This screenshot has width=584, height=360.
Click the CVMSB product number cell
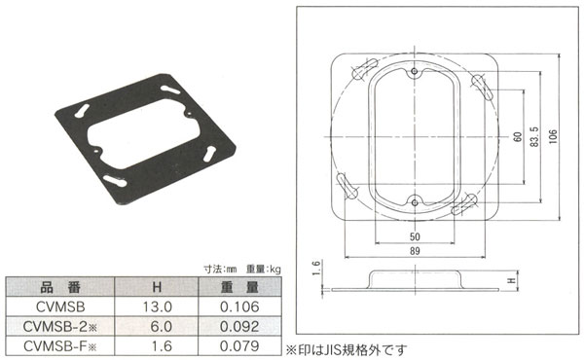pyautogui.click(x=60, y=306)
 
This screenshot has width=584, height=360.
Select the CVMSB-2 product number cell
pyautogui.click(x=60, y=327)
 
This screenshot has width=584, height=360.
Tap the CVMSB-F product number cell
pyautogui.click(x=60, y=346)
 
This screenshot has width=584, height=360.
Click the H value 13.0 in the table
pyautogui.click(x=157, y=306)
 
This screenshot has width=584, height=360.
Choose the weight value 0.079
pyautogui.click(x=239, y=346)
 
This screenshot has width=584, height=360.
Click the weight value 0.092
pyautogui.click(x=239, y=327)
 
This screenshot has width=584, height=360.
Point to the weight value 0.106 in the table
pyautogui.click(x=239, y=306)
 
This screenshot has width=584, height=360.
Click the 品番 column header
pyautogui.click(x=60, y=287)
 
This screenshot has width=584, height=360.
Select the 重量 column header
pyautogui.click(x=239, y=287)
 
